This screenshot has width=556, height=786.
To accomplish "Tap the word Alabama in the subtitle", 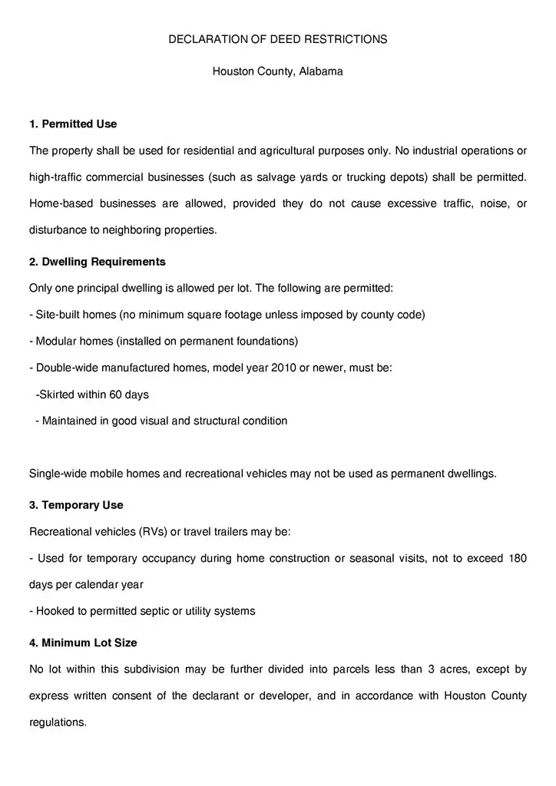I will pyautogui.click(x=322, y=71).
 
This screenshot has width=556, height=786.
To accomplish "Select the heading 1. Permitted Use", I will pyautogui.click(x=73, y=124).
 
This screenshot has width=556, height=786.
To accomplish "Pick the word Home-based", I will pyautogui.click(x=58, y=203).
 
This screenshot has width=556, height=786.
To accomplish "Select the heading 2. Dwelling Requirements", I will pyautogui.click(x=98, y=262).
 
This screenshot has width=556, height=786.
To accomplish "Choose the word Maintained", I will pyautogui.click(x=69, y=421).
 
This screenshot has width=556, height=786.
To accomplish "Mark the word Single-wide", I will pyautogui.click(x=58, y=474).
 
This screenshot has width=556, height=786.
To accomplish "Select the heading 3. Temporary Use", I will pyautogui.click(x=76, y=505).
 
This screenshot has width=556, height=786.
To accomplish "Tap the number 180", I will pyautogui.click(x=517, y=558).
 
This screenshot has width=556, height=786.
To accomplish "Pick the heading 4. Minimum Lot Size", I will pyautogui.click(x=83, y=642).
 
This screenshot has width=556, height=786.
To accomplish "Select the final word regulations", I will pyautogui.click(x=58, y=722).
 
